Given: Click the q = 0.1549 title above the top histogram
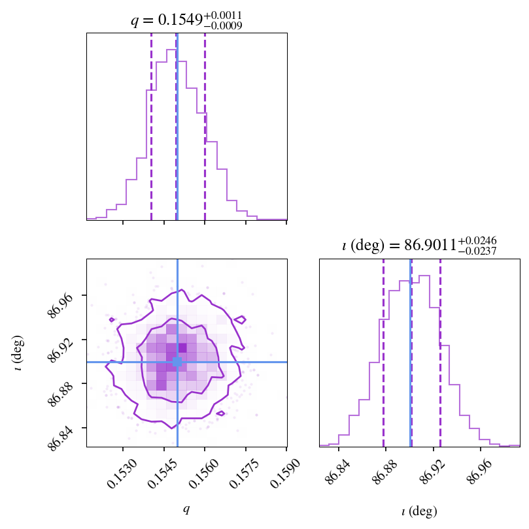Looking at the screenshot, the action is pos(186,20).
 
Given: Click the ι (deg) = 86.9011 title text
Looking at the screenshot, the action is pos(419,246).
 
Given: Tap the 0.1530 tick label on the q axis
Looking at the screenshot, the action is pos(122,473).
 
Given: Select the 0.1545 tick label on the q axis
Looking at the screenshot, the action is pos(163,473).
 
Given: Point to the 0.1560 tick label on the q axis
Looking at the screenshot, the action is pos(204,473).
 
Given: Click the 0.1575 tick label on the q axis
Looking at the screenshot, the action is pos(245,473).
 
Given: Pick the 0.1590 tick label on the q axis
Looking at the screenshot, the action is pos(286,473).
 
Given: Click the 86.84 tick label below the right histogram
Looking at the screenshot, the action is pos(339,471).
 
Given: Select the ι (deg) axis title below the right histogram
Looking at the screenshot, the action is pos(419,511).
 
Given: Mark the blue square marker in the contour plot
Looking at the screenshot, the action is pos(177,362).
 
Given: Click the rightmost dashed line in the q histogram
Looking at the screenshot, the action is pos(205,127).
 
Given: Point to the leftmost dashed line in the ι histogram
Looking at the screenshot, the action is pos(383,353).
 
